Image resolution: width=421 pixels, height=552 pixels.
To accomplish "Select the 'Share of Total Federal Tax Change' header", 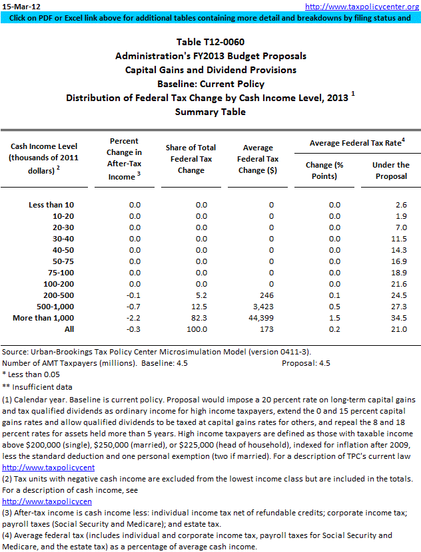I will [x=197, y=159].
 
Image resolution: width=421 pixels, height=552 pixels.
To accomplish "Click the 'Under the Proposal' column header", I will [x=391, y=170].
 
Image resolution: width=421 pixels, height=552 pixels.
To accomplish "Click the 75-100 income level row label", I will [x=61, y=273].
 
